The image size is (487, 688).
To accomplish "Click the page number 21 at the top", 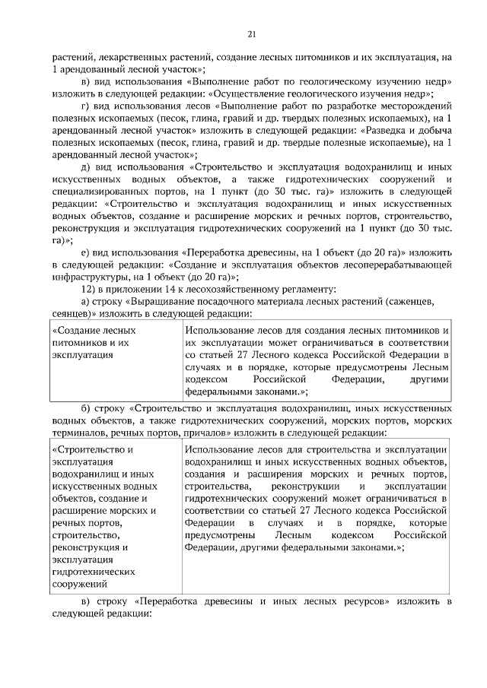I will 251,33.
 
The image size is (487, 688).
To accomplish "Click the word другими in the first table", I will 427,379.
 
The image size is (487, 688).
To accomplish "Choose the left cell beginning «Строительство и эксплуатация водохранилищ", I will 114,516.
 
